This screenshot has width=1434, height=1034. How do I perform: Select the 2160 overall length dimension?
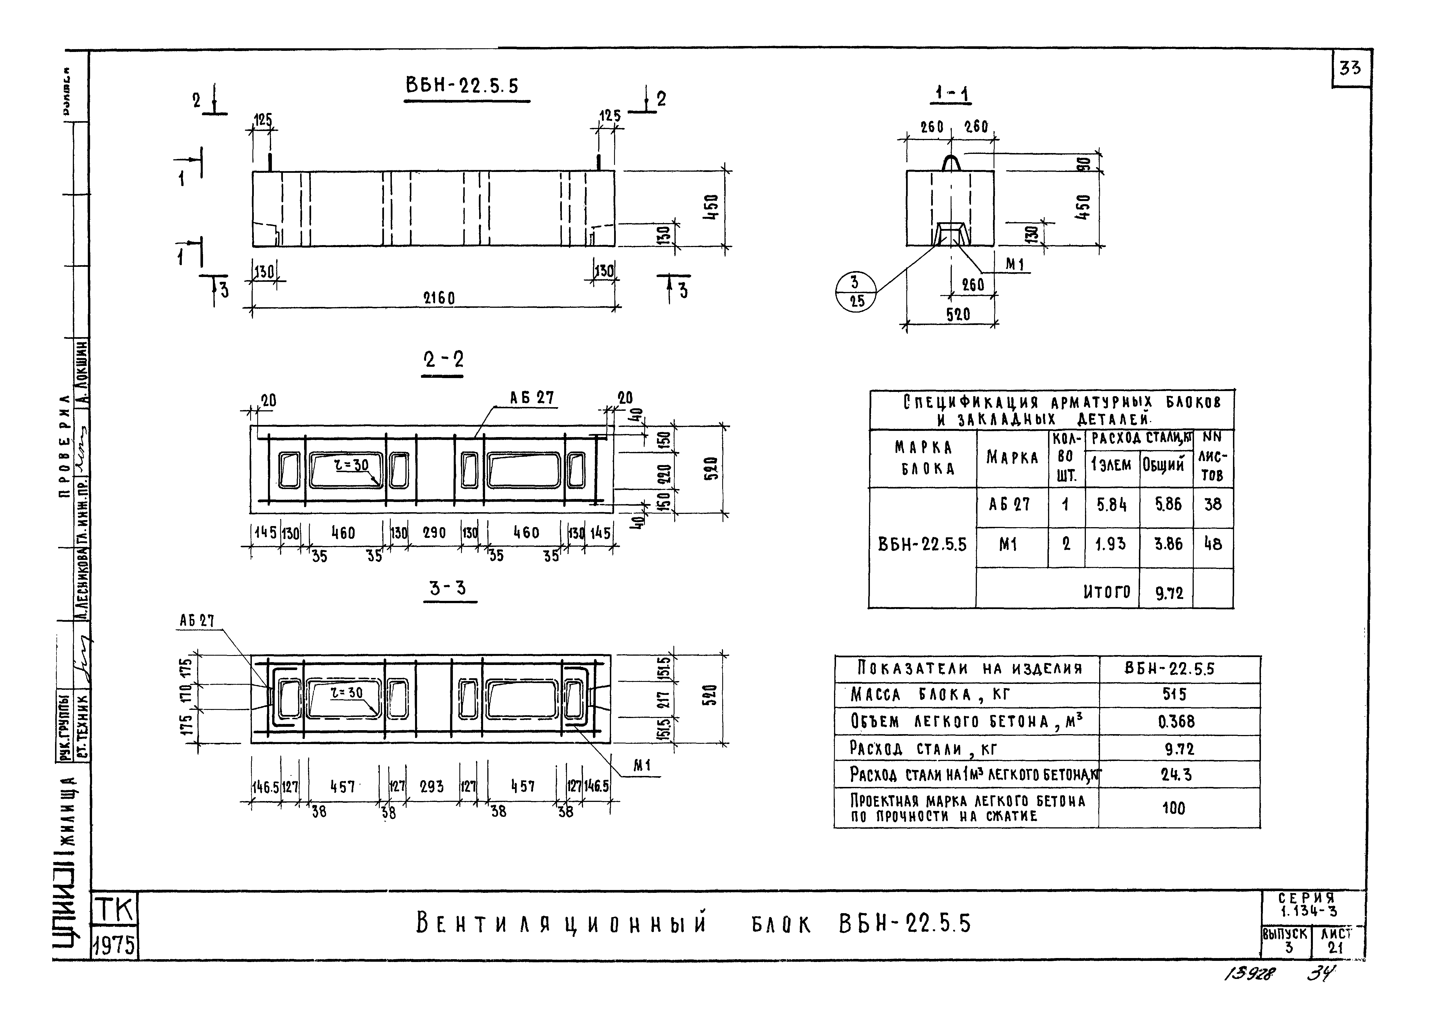tap(439, 298)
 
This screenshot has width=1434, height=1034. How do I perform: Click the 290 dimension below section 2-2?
tap(434, 533)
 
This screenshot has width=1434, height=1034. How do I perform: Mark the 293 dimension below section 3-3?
tap(432, 787)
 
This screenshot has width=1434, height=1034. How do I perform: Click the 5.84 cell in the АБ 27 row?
tap(1112, 505)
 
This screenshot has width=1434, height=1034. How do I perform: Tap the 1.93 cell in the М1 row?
tap(1111, 544)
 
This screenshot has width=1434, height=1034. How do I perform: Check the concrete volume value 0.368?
tap(1176, 722)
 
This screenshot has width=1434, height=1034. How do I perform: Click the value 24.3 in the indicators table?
tap(1176, 775)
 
